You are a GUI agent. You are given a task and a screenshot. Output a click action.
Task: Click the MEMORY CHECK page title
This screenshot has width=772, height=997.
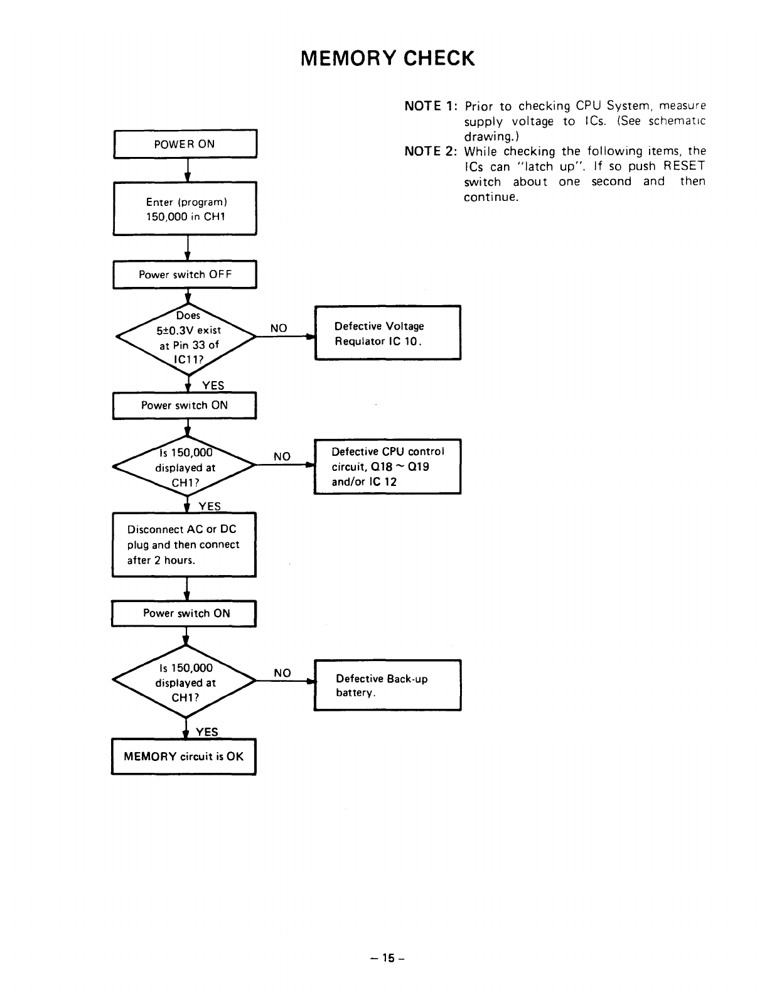[387, 58]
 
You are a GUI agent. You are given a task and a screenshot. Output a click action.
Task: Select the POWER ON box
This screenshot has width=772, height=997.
[185, 144]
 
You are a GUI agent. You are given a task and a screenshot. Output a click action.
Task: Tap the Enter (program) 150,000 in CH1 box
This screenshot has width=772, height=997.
[185, 209]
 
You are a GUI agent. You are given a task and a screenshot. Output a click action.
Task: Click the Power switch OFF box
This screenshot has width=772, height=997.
[185, 274]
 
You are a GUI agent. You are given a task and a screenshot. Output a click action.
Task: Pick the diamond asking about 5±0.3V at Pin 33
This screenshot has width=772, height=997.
[186, 337]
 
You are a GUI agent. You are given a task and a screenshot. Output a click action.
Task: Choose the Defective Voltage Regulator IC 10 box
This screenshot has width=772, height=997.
[388, 333]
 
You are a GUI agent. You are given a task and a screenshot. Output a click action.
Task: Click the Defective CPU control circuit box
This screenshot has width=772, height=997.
[388, 466]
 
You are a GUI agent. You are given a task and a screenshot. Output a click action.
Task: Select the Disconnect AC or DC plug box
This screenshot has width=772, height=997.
[184, 544]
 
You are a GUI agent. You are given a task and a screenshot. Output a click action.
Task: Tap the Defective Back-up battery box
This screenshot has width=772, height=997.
[388, 685]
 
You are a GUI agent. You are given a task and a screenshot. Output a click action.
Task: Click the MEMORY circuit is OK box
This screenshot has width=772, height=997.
[183, 757]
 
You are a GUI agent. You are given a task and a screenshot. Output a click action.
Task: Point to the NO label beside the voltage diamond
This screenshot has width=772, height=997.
[279, 328]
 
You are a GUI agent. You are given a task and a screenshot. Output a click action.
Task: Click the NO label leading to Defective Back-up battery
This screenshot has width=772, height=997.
[282, 672]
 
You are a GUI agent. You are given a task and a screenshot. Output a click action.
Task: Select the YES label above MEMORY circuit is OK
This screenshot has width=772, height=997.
[207, 732]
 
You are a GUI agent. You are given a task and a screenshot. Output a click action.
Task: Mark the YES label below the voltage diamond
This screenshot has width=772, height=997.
[213, 385]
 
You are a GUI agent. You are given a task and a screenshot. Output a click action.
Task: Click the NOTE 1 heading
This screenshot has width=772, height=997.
[431, 106]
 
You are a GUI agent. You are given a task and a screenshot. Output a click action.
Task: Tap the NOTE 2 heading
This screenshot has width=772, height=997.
[431, 151]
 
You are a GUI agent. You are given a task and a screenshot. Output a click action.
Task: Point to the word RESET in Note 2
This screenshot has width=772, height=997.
[684, 166]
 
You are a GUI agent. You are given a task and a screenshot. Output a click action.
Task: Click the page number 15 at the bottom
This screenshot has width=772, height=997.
[388, 957]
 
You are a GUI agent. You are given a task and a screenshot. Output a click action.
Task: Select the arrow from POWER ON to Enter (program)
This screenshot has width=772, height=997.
[187, 170]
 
